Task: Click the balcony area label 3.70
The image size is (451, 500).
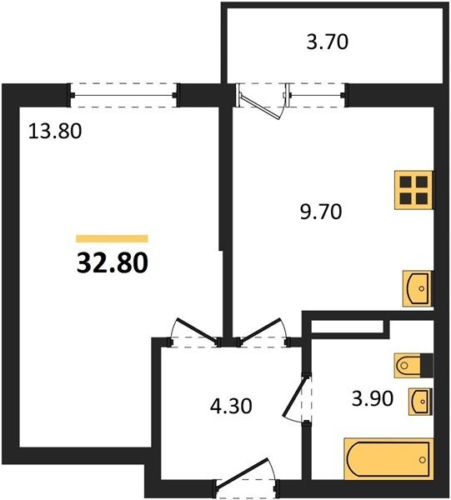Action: [x=328, y=42]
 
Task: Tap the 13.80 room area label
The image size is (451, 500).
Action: [x=55, y=132]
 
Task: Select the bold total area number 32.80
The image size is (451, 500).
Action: [x=113, y=263]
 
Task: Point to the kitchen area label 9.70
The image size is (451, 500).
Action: [x=321, y=212]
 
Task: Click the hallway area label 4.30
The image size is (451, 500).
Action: [x=231, y=406]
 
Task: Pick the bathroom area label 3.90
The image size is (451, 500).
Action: [x=373, y=398]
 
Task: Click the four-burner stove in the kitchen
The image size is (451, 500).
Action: [x=414, y=190]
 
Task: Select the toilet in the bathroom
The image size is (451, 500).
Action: [x=413, y=365]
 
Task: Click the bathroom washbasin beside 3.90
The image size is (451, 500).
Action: [x=420, y=402]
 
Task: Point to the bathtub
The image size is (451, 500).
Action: [x=388, y=460]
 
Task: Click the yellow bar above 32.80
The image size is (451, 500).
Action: [x=113, y=238]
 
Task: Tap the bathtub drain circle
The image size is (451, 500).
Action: [x=423, y=460]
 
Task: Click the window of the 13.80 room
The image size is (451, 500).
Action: [x=123, y=95]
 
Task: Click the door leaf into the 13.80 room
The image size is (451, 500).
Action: [x=197, y=332]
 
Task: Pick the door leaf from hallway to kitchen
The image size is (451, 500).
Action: [x=260, y=332]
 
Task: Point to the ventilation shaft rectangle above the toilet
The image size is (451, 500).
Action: [x=347, y=327]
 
